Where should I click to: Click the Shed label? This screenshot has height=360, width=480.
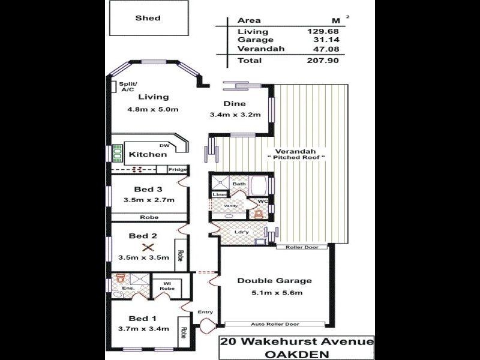pyautogui.click(x=148, y=18)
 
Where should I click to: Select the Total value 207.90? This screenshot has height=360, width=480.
pyautogui.click(x=319, y=61)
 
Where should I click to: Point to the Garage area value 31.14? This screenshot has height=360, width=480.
pyautogui.click(x=319, y=40)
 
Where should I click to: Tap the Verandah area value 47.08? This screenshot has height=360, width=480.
pyautogui.click(x=319, y=49)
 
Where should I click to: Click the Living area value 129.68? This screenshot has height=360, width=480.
pyautogui.click(x=319, y=31)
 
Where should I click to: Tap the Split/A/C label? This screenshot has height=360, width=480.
pyautogui.click(x=128, y=86)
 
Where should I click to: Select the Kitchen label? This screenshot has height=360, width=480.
pyautogui.click(x=148, y=154)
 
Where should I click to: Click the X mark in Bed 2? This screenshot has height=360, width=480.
pyautogui.click(x=145, y=247)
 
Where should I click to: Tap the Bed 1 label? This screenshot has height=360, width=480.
pyautogui.click(x=143, y=318)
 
